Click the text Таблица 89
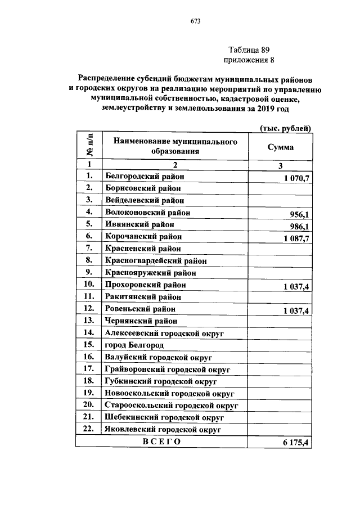[x=250, y=49]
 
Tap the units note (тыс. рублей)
[x=285, y=128]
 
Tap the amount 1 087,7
[x=293, y=238]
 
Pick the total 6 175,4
[x=296, y=443]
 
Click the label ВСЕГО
[x=161, y=442]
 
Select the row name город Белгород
[x=134, y=344]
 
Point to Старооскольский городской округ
[x=172, y=404]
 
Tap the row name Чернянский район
[x=141, y=320]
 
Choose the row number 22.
[x=87, y=429]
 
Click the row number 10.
[x=87, y=285]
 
